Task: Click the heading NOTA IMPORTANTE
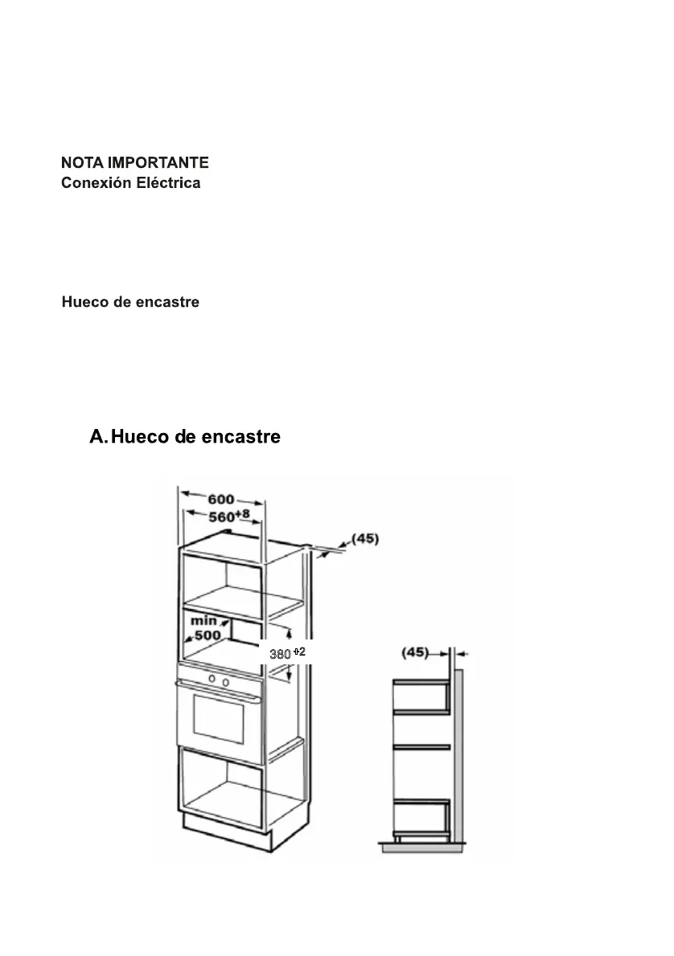[135, 163]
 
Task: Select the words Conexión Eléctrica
[131, 183]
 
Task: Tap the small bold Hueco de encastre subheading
[130, 303]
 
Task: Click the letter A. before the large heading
[98, 437]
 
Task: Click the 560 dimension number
[221, 517]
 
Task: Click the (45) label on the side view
[416, 652]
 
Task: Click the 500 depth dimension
[207, 635]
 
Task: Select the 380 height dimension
[279, 655]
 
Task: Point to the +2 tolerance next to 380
[298, 652]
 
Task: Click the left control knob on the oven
[212, 680]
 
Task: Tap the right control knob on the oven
[225, 683]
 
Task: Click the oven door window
[218, 718]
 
